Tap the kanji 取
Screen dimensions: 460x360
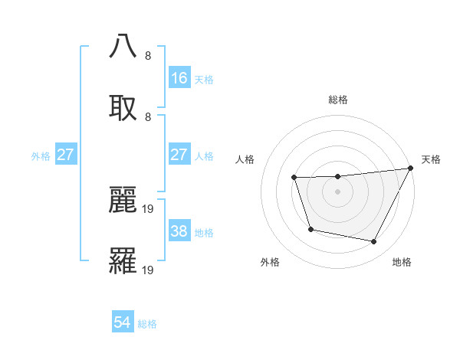(x=123, y=107)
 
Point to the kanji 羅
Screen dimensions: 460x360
(x=123, y=261)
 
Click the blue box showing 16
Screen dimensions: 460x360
(x=179, y=78)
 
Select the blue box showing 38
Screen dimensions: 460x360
(x=179, y=231)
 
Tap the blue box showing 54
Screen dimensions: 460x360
(x=123, y=322)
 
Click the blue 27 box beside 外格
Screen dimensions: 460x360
(x=66, y=155)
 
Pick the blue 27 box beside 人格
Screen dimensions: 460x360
(x=179, y=155)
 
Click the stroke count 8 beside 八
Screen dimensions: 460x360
(x=148, y=55)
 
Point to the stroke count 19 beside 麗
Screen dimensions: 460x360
(x=149, y=208)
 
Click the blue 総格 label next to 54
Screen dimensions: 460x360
(x=147, y=324)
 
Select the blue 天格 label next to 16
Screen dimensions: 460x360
(x=204, y=79)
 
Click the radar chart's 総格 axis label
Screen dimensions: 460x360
(x=338, y=100)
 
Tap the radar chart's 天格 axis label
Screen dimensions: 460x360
(x=431, y=159)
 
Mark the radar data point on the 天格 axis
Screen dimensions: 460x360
(x=412, y=168)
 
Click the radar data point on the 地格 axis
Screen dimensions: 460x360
(x=374, y=242)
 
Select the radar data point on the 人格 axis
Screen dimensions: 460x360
(x=294, y=178)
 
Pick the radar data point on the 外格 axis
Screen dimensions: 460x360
(x=310, y=229)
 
